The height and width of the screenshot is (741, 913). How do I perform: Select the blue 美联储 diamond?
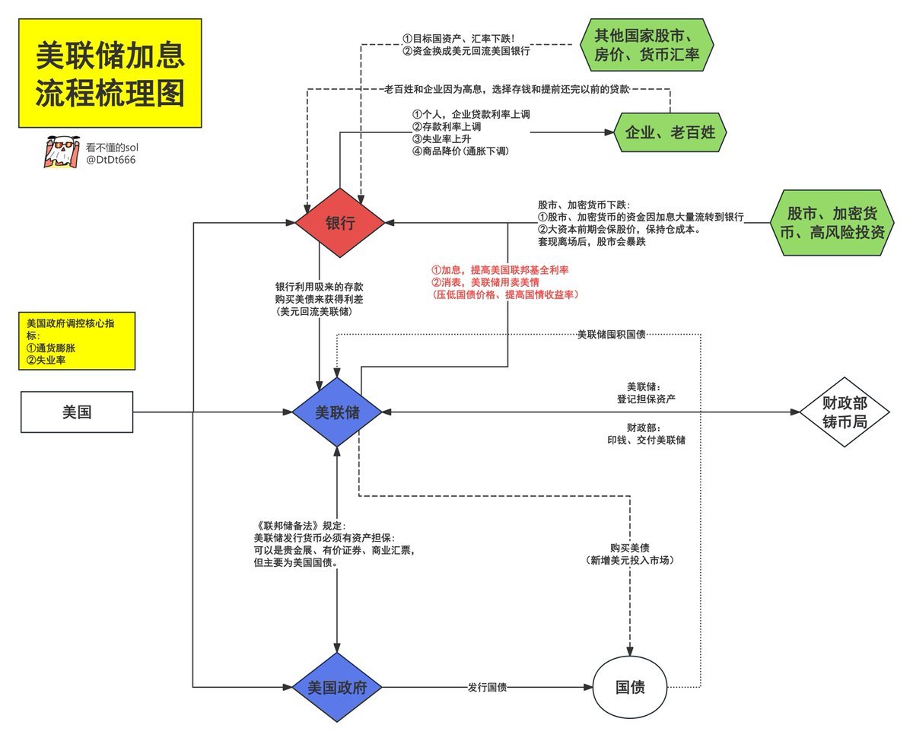click(338, 412)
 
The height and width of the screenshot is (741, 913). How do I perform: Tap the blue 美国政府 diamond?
click(338, 687)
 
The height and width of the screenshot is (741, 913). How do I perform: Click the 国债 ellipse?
click(630, 687)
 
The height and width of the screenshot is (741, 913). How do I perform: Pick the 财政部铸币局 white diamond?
click(845, 412)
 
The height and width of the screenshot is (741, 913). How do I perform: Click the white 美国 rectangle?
click(77, 412)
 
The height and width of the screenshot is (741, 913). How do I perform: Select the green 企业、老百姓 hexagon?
click(670, 132)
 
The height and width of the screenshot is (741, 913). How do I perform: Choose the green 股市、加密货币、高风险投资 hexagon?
click(836, 222)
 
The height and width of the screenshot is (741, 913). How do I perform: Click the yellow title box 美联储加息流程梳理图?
click(110, 73)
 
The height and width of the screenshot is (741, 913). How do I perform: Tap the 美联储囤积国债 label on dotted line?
click(612, 335)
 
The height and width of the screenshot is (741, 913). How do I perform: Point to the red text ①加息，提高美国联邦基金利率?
click(501, 270)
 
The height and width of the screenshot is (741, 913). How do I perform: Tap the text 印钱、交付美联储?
click(645, 440)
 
